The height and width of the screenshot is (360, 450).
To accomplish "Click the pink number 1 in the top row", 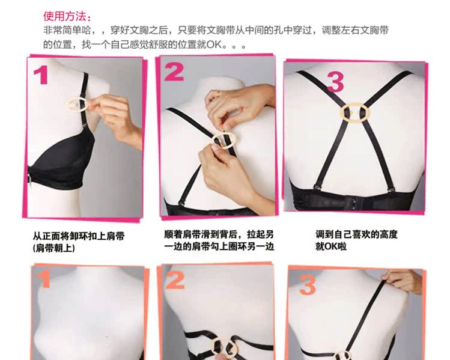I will [41, 76].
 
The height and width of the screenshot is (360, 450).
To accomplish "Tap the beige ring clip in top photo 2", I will [224, 140].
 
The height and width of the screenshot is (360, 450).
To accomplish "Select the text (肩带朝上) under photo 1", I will [54, 247].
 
